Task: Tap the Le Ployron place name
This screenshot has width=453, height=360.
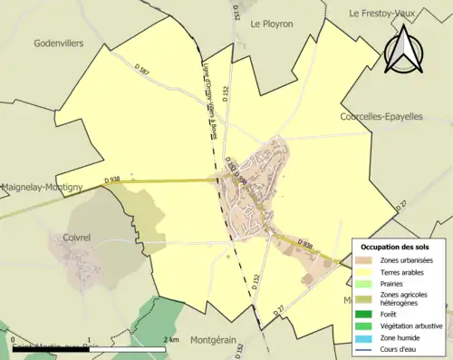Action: point(272,24)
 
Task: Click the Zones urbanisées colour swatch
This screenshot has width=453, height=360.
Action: point(368,262)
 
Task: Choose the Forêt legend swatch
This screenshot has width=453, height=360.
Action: point(368,315)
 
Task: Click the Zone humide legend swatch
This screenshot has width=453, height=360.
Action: point(368,336)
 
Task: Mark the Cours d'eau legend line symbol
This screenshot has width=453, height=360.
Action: point(368,347)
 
